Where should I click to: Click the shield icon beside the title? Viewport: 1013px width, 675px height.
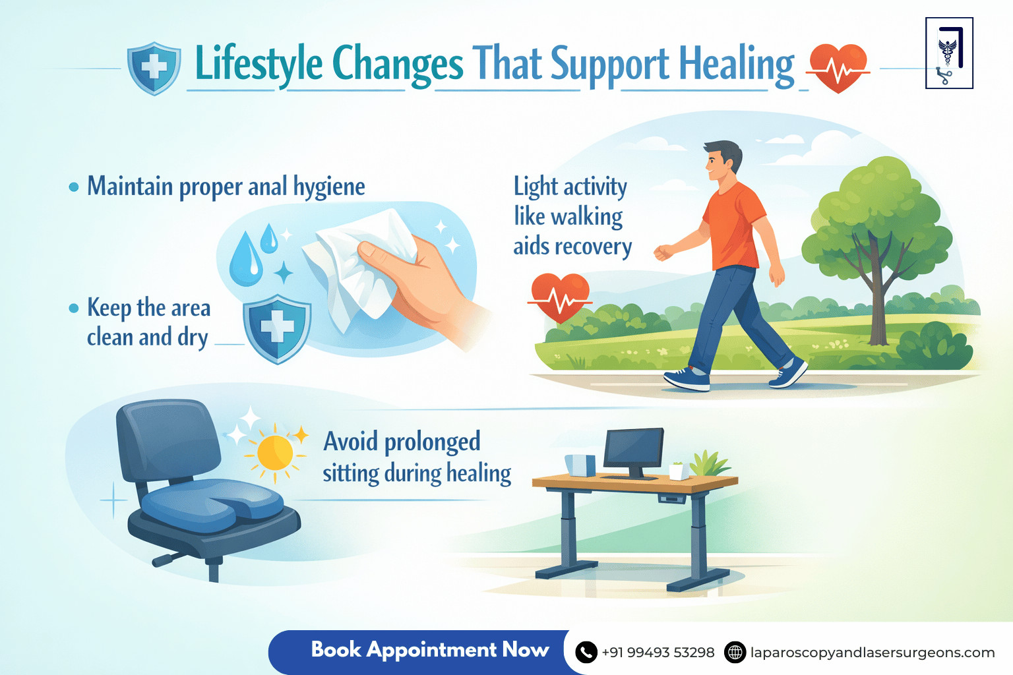154,68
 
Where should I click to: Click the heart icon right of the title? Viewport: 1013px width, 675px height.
838,68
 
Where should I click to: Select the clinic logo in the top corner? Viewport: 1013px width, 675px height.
949,53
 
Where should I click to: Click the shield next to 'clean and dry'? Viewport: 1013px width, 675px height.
277,329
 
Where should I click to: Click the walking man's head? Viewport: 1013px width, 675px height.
721,160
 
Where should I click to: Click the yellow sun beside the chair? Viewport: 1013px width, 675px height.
275,453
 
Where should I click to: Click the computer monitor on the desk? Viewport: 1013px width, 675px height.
633,452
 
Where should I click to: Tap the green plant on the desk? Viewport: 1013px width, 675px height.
710,463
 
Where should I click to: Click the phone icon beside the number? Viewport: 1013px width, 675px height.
586,653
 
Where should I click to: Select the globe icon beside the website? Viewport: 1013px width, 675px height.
735,653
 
